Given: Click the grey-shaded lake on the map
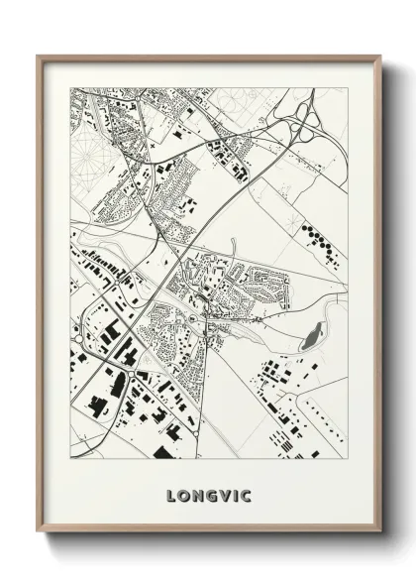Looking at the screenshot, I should pos(311,337).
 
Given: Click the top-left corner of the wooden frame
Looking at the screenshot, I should pos(38,56).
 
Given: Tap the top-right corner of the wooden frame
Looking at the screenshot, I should pos(380,56).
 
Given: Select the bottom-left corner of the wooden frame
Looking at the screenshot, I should pos(38,532).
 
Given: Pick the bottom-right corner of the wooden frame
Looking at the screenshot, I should pos(380,532).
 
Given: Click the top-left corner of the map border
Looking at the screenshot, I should pos(70,88).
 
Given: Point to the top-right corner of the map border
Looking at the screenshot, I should pos(348,88).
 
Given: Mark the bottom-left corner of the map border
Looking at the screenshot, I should pos(70,459).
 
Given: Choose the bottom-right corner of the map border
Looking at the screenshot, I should pos(348,459).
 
